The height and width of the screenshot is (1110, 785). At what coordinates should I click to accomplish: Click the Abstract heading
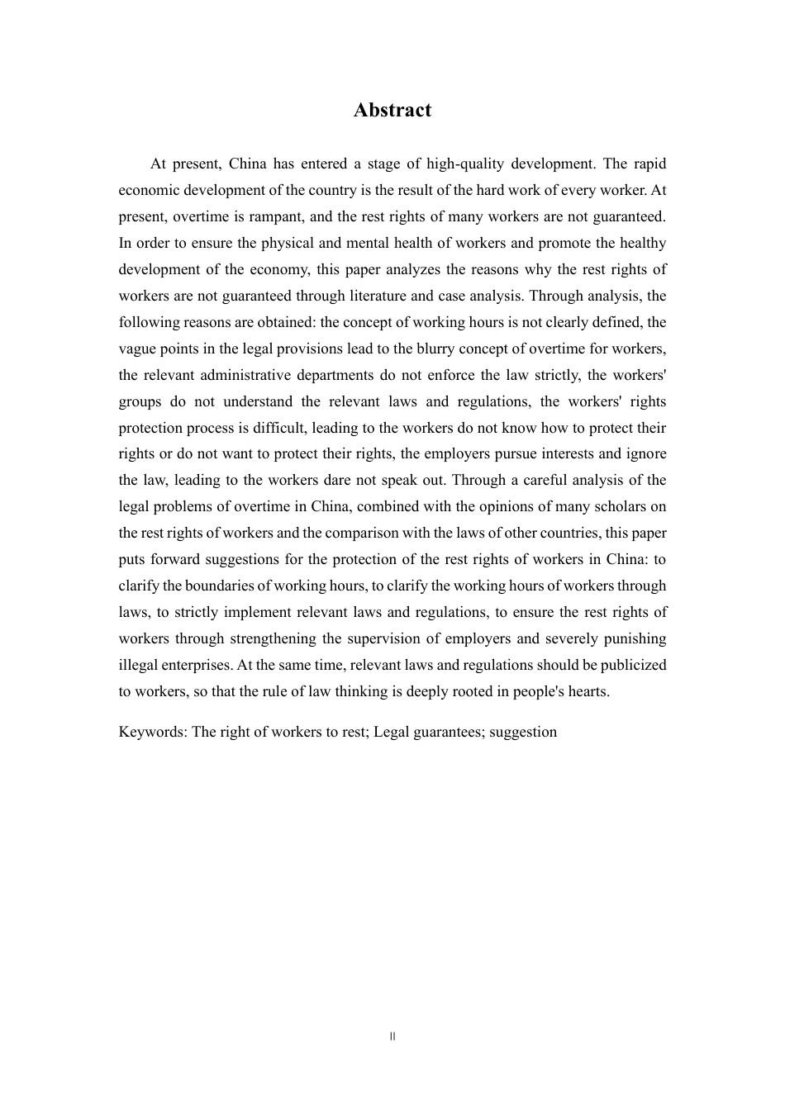coord(392,111)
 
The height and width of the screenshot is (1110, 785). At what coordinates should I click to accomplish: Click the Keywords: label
coord(153,732)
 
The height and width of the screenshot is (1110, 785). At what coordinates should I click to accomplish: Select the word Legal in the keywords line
coord(392,732)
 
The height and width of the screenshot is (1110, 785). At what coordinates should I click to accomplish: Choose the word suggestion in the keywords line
coord(523,732)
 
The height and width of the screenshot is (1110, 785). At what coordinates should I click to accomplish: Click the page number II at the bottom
coord(392,1036)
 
